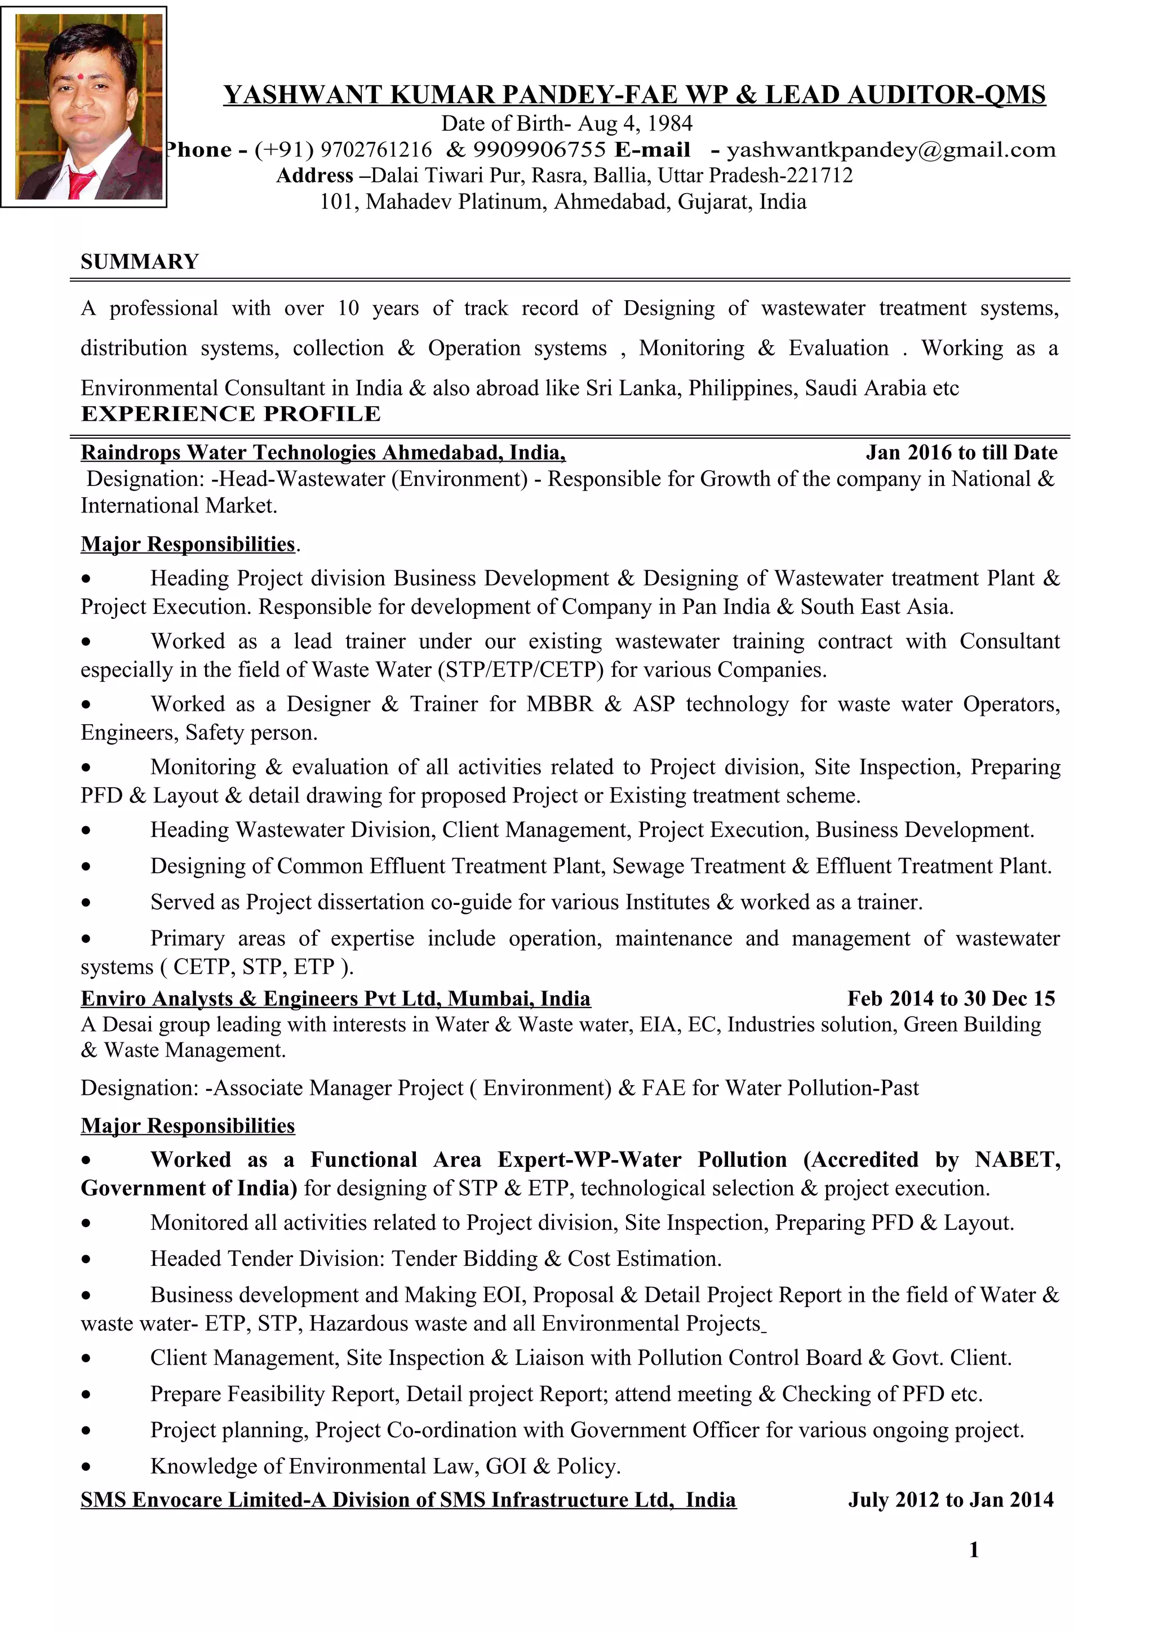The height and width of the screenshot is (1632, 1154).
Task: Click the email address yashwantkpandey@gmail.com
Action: [890, 150]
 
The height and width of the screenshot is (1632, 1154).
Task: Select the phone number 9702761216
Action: [376, 150]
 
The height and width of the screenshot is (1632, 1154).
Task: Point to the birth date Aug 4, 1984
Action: [635, 124]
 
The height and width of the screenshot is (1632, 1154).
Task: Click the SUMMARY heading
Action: [139, 262]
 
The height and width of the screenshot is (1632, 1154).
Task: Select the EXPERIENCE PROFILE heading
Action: [230, 414]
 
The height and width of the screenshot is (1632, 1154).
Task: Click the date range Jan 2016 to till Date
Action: [961, 453]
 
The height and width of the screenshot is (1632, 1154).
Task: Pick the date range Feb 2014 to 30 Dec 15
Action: [951, 998]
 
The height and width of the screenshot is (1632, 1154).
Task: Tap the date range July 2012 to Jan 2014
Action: [950, 1500]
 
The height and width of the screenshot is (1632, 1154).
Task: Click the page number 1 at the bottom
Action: [973, 1550]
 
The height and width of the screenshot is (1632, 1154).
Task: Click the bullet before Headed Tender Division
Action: [86, 1260]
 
